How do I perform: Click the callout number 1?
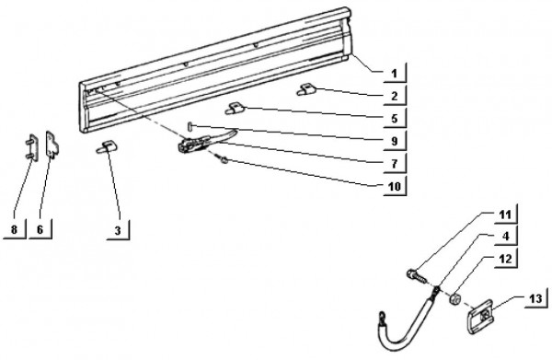[394, 74]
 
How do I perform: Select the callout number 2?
[395, 96]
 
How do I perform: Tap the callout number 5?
[395, 119]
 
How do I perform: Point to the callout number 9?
[395, 141]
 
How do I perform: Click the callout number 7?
[395, 164]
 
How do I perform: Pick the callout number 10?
[395, 186]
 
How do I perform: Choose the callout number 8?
[14, 229]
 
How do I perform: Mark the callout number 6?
[40, 229]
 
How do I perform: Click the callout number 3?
[118, 231]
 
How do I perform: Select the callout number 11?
[505, 215]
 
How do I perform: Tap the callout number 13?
[535, 298]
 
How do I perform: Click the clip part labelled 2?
[306, 89]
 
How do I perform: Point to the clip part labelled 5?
[235, 109]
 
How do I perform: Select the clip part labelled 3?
[107, 147]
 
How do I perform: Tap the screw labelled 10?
[222, 159]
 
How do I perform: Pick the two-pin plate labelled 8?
[31, 148]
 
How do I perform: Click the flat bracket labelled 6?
[52, 145]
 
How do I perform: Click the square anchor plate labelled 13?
[481, 316]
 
